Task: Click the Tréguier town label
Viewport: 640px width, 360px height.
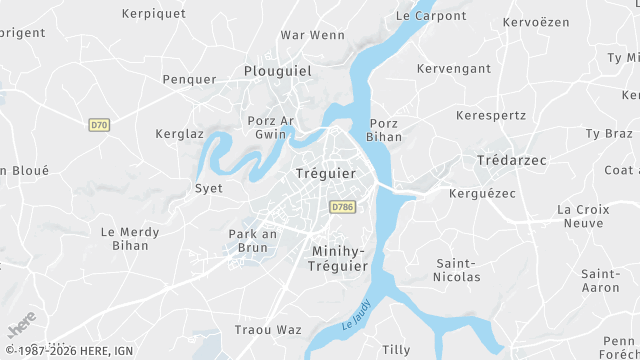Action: pyautogui.click(x=326, y=174)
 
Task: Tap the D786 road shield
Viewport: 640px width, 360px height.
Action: pyautogui.click(x=342, y=207)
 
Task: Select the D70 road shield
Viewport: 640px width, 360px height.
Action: pyautogui.click(x=98, y=125)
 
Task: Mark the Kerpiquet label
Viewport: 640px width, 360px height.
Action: pyautogui.click(x=154, y=14)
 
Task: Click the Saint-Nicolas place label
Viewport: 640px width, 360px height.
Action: pyautogui.click(x=458, y=270)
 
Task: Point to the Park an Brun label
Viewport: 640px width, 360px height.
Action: pyautogui.click(x=252, y=241)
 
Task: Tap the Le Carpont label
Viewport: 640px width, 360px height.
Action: pyautogui.click(x=431, y=16)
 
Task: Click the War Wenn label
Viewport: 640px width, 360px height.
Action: pyautogui.click(x=313, y=35)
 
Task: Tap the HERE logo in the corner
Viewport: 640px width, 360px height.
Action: pyautogui.click(x=21, y=329)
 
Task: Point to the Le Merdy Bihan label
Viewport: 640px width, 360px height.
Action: pyautogui.click(x=130, y=238)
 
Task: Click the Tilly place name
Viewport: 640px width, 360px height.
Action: pyautogui.click(x=396, y=350)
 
